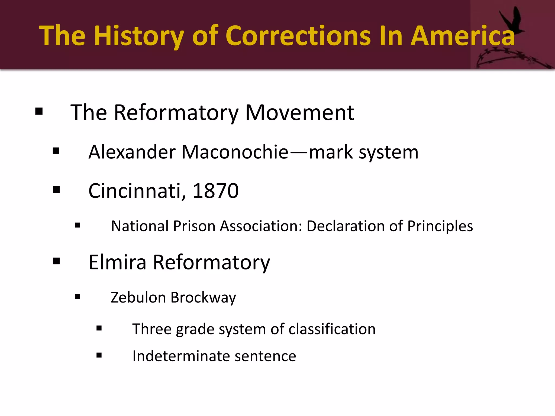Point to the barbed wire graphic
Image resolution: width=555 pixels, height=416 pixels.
pyautogui.click(x=512, y=58)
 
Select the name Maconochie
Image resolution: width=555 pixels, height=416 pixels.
pyautogui.click(x=235, y=152)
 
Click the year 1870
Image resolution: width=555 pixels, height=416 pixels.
pyautogui.click(x=215, y=191)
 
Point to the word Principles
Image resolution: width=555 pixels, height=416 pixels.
pyautogui.click(x=440, y=226)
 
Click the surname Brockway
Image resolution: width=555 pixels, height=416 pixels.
pyautogui.click(x=203, y=297)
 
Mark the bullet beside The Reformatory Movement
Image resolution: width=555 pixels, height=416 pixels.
pyautogui.click(x=39, y=111)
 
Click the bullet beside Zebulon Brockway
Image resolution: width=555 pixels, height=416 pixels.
pyautogui.click(x=78, y=297)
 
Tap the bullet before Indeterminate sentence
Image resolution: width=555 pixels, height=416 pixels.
pyautogui.click(x=99, y=355)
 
